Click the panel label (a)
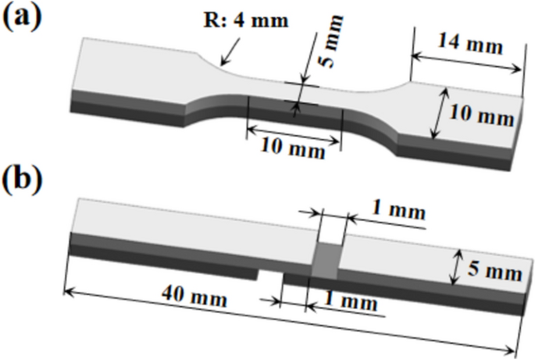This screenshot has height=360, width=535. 23,17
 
